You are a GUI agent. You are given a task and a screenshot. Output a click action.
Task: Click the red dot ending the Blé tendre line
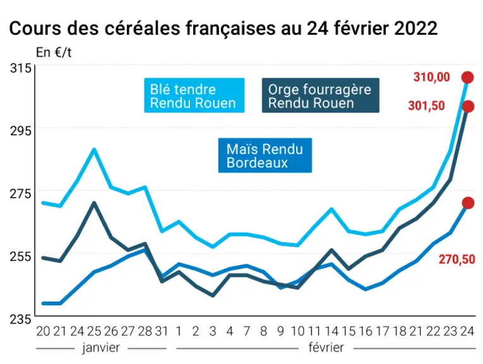click(x=467, y=77)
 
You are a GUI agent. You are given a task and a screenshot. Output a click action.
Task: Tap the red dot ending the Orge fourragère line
click(x=468, y=107)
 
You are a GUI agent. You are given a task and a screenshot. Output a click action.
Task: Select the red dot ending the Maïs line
click(x=468, y=203)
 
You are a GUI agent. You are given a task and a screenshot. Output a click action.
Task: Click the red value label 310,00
click(x=432, y=77)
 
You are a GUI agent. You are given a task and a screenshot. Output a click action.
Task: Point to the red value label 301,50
click(x=426, y=106)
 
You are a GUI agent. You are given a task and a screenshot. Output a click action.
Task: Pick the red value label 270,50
click(x=457, y=260)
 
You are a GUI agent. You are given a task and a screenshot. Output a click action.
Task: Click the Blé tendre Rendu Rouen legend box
click(x=194, y=95)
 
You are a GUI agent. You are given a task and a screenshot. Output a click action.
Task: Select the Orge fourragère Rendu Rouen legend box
click(x=320, y=95)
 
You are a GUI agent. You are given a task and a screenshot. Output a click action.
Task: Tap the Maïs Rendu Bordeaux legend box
click(x=265, y=155)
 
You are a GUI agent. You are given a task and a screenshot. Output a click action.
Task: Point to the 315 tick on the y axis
click(x=21, y=68)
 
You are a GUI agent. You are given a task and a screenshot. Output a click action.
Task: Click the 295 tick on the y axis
click(x=21, y=131)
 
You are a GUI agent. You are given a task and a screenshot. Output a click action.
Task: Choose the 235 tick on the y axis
click(x=21, y=319)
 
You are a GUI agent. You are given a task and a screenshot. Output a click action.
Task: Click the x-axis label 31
click(x=162, y=331)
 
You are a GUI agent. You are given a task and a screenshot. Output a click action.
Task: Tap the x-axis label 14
click(x=331, y=331)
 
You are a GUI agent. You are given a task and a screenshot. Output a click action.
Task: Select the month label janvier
click(x=101, y=348)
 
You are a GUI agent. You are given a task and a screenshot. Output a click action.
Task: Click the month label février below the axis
click(x=326, y=348)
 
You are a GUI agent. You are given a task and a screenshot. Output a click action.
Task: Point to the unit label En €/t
click(x=54, y=52)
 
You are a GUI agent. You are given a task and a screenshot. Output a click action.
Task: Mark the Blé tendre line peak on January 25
click(x=94, y=150)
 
